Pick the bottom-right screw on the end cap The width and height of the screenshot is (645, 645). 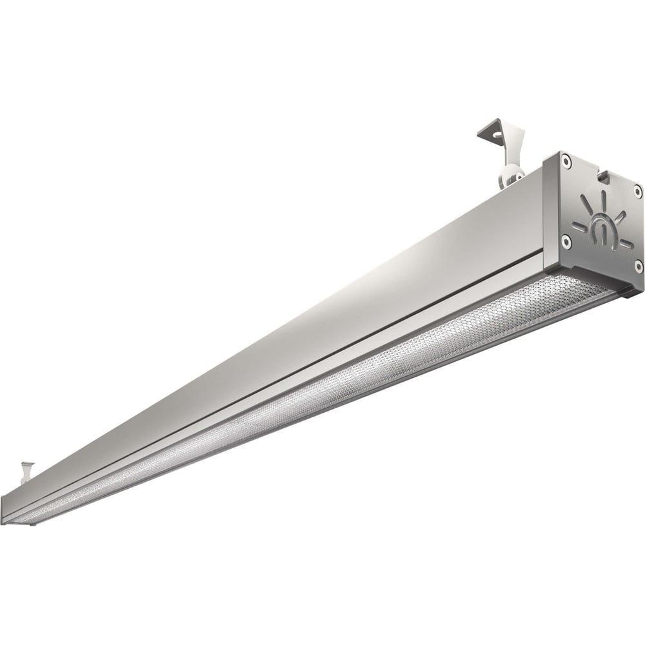[x=638, y=264]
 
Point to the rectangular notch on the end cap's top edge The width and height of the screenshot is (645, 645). [x=603, y=173]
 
